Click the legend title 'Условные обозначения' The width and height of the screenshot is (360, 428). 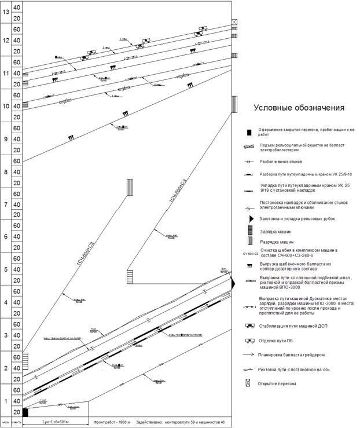tap(299, 108)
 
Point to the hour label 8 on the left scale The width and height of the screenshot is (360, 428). tap(5, 172)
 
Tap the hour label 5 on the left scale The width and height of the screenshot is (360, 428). tap(5, 270)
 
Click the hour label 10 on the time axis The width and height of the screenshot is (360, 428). tap(5, 107)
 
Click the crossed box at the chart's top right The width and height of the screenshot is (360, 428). tap(234, 22)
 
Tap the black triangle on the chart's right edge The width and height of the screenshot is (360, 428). tap(233, 284)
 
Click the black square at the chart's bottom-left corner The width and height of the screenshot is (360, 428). tap(25, 412)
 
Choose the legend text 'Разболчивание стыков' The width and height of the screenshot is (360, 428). tap(281, 162)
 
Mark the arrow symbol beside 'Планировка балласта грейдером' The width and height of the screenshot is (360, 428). tap(249, 354)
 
